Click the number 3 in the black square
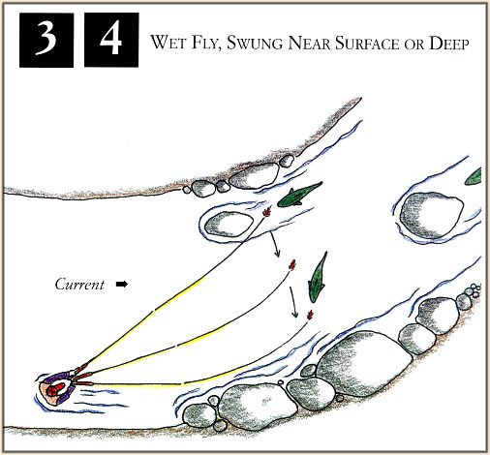click(46, 39)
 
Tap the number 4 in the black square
click(110, 38)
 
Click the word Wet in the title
click(168, 43)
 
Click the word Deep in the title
click(448, 43)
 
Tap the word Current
click(79, 285)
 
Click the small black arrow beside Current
click(122, 285)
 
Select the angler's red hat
click(54, 389)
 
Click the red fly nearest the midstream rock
click(266, 212)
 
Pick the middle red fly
click(292, 265)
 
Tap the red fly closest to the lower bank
click(310, 315)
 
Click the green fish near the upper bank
click(298, 196)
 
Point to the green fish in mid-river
click(318, 278)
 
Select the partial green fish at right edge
click(474, 176)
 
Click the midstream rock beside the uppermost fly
click(230, 225)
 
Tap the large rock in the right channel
click(431, 214)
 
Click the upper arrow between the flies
click(275, 244)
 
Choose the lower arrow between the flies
click(293, 302)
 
